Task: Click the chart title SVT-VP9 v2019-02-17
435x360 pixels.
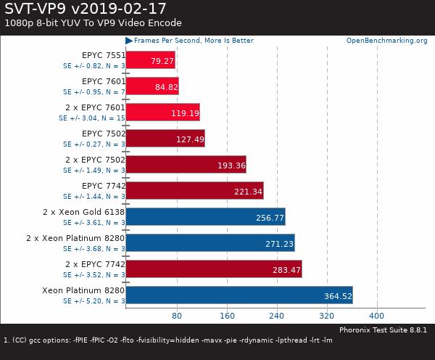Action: pyautogui.click(x=85, y=9)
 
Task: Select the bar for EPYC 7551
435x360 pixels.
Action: pyautogui.click(x=151, y=60)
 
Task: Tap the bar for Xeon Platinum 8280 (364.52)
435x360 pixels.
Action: pyautogui.click(x=239, y=295)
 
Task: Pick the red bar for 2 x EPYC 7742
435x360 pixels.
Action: pyautogui.click(x=214, y=269)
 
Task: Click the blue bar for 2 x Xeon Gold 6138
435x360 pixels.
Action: pyautogui.click(x=205, y=216)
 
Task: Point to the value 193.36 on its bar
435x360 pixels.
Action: pyautogui.click(x=231, y=165)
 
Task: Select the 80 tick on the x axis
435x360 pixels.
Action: pyautogui.click(x=177, y=316)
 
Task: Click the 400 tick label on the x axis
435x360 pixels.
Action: pyautogui.click(x=376, y=316)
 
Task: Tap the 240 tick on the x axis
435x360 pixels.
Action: pyautogui.click(x=277, y=316)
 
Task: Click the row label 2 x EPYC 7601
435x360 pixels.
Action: pyautogui.click(x=95, y=107)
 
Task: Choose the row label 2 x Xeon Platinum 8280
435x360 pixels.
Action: pyautogui.click(x=75, y=238)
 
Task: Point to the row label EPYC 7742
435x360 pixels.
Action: pyautogui.click(x=104, y=186)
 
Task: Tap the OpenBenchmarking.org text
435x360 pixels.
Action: pyautogui.click(x=386, y=41)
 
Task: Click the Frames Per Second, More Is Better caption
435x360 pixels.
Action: pyautogui.click(x=194, y=41)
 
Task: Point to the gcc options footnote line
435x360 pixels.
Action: pyautogui.click(x=168, y=339)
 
